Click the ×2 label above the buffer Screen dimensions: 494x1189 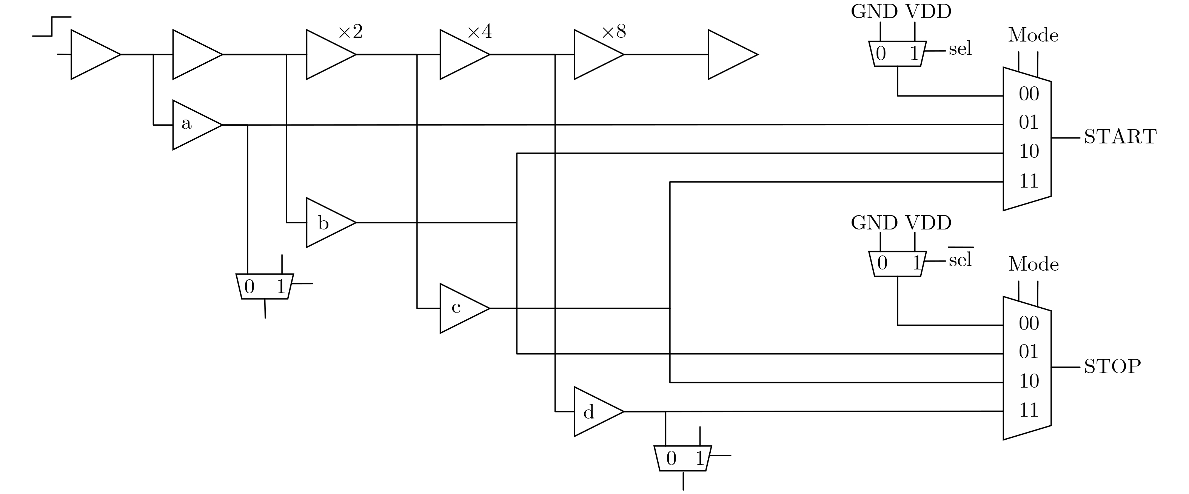coord(350,32)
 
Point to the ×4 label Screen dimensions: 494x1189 coord(480,32)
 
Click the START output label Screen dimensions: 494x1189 coord(1120,137)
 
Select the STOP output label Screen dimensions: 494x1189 coord(1112,366)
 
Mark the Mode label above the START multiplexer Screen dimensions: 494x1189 coord(1033,35)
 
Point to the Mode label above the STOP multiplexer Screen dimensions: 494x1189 coord(1033,265)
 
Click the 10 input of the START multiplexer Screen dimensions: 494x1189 coord(1029,151)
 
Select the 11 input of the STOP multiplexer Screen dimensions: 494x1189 coord(1029,410)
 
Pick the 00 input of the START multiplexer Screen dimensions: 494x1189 coord(1029,94)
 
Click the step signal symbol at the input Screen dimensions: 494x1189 coord(52,26)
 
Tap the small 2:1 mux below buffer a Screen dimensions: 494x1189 coord(265,286)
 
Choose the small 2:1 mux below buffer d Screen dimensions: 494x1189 coord(683,458)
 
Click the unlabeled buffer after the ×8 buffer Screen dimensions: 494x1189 coord(729,54)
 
